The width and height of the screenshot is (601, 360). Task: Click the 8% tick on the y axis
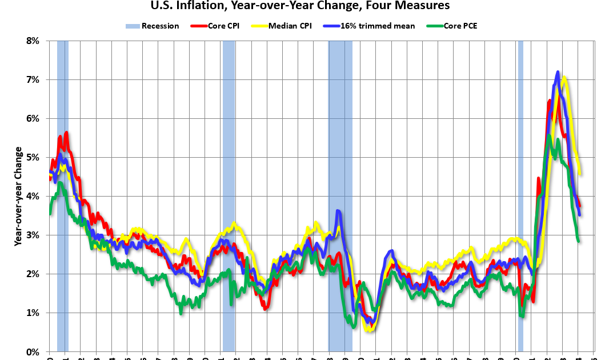click(31, 41)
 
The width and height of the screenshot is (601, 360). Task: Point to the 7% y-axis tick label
click(31, 80)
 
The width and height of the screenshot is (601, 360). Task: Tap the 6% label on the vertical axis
click(31, 119)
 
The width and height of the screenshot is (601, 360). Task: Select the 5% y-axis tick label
click(31, 158)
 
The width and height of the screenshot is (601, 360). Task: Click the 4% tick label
click(31, 197)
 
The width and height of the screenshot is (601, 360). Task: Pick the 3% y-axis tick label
click(31, 235)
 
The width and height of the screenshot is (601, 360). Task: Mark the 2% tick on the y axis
click(31, 274)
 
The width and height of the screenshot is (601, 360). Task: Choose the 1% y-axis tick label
click(31, 313)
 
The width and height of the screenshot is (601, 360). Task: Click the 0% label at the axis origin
click(31, 352)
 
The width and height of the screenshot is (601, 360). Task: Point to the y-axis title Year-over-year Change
click(18, 197)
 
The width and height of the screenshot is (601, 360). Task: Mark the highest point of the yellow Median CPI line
click(564, 77)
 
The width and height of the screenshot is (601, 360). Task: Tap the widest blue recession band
click(340, 194)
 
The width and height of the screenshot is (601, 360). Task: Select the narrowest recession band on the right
click(520, 194)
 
